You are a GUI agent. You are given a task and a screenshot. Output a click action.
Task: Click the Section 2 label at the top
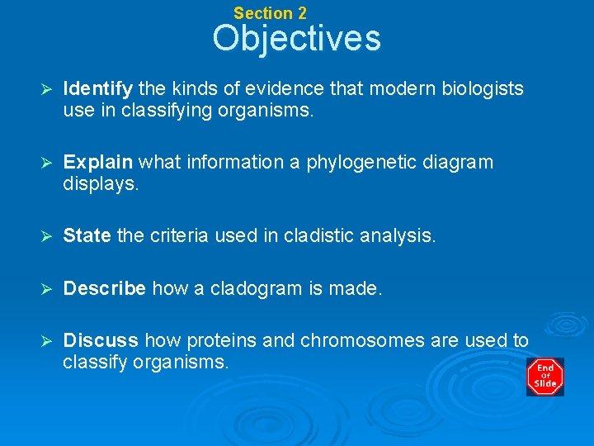[x=270, y=13]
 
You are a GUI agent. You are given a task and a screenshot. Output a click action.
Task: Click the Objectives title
[x=296, y=39]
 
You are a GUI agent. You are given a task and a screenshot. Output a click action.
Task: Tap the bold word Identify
[x=99, y=88]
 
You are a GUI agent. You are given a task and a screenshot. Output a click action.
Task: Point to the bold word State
[x=87, y=236]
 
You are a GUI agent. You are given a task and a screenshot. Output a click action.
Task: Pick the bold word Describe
[x=105, y=288]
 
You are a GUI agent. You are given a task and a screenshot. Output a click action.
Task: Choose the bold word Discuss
[x=101, y=340]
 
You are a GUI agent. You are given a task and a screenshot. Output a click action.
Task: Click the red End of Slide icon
[x=545, y=377]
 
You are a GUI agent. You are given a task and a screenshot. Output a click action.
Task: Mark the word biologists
[x=483, y=88]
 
